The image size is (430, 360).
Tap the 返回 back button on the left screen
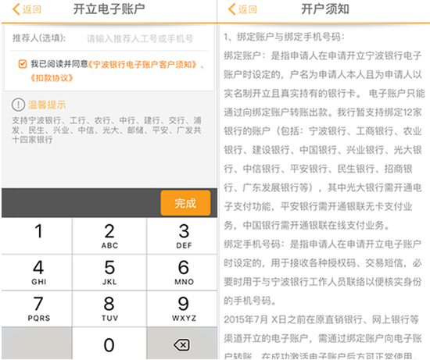coord(25,10)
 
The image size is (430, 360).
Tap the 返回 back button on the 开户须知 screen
coord(242,10)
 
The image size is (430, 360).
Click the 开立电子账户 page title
coord(108,10)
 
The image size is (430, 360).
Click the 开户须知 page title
coord(324,10)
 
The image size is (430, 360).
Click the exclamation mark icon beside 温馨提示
coord(18,105)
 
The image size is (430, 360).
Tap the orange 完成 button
coord(185,203)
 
